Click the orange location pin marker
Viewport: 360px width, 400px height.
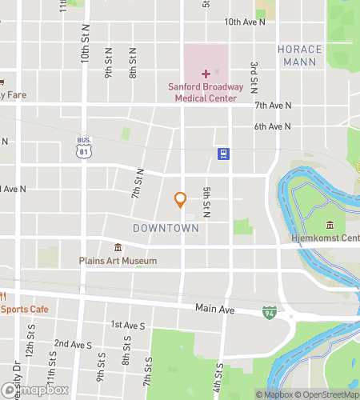pos(180,200)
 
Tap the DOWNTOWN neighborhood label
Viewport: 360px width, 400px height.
pos(166,229)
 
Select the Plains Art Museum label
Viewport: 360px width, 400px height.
pos(118,261)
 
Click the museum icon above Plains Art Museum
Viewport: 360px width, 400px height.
pos(118,247)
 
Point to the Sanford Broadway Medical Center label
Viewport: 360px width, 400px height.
pos(202,93)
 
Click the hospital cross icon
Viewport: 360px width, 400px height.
pos(205,74)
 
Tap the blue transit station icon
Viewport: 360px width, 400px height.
pos(223,154)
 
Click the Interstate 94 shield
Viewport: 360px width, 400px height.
pos(270,311)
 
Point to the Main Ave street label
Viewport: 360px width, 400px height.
pos(212,307)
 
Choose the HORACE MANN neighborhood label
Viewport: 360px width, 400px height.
pos(300,55)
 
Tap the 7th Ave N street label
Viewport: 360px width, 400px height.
pos(273,106)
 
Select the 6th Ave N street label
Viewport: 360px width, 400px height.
pos(272,126)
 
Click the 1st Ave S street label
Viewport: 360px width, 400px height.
pos(128,325)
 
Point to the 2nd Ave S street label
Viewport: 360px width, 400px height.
pos(74,344)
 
